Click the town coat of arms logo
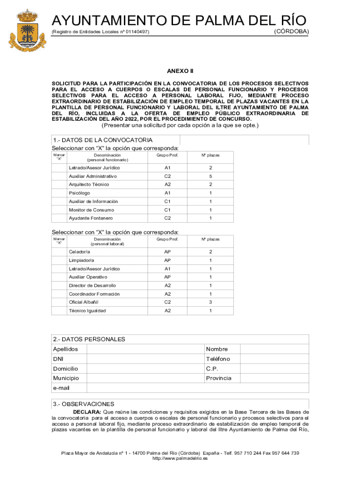[x=28, y=31]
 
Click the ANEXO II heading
[x=180, y=71]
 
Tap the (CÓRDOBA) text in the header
[x=291, y=31]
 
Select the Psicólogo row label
[x=79, y=193]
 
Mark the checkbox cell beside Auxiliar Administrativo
[x=59, y=176]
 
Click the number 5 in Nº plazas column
[x=210, y=176]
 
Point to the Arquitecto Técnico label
[x=89, y=185]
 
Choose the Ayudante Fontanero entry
[x=91, y=218]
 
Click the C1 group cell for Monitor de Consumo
[x=167, y=210]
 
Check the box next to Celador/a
[x=59, y=252]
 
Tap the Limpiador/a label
[x=81, y=261]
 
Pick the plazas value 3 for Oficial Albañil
[x=210, y=303]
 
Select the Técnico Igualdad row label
[x=87, y=311]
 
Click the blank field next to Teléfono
[x=274, y=359]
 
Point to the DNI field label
[x=58, y=359]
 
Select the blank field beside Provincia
[x=274, y=378]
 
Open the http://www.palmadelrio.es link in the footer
[x=180, y=459]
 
